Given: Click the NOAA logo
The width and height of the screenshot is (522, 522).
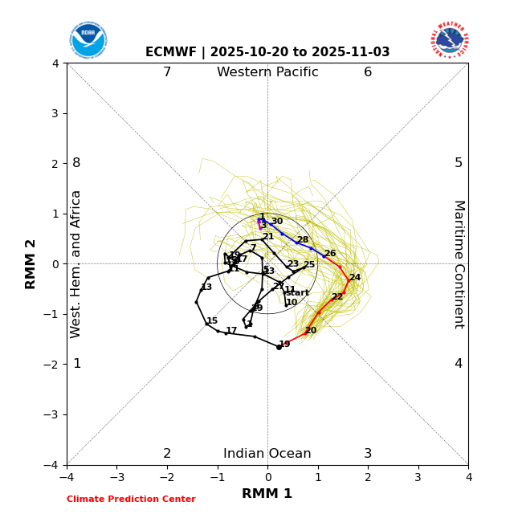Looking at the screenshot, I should [x=88, y=39].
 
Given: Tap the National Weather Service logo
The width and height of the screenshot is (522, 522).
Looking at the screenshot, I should [x=450, y=39].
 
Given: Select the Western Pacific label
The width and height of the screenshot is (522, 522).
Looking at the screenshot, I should [x=267, y=72].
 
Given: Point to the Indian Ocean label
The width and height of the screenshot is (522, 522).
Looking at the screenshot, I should [x=267, y=454].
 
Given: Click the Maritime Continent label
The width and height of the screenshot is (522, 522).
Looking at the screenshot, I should [x=459, y=264].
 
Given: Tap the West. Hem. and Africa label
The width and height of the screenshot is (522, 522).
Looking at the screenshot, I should [x=76, y=264].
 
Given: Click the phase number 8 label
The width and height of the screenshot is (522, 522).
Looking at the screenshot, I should [x=76, y=163].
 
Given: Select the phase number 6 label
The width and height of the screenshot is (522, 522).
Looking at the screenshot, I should [x=368, y=72].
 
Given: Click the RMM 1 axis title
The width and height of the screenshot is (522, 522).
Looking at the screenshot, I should [x=267, y=494].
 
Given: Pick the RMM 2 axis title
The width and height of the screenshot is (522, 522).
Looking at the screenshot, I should [x=31, y=264].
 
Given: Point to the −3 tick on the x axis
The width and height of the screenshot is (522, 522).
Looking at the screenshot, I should [x=116, y=477].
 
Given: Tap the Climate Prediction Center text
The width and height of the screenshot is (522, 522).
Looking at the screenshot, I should [x=131, y=500].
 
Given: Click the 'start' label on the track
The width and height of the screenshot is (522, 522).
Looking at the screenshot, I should [x=297, y=293].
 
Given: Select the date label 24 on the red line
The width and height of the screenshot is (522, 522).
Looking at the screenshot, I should [x=355, y=278].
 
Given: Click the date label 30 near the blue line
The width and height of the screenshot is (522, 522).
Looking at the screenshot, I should [x=277, y=222].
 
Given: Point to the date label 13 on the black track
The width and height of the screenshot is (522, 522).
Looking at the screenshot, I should [x=206, y=288].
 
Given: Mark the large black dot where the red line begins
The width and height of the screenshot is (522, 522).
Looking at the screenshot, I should [x=279, y=347].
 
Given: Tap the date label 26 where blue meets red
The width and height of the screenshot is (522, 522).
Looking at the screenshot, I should [x=330, y=254].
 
